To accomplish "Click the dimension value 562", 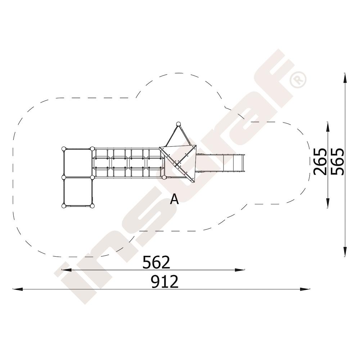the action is pyautogui.click(x=156, y=262).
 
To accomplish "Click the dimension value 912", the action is pyautogui.click(x=165, y=282).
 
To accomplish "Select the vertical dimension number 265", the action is pyautogui.click(x=320, y=162).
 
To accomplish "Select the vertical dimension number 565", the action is pyautogui.click(x=338, y=162).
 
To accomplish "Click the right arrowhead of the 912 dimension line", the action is pyautogui.click(x=305, y=289).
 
